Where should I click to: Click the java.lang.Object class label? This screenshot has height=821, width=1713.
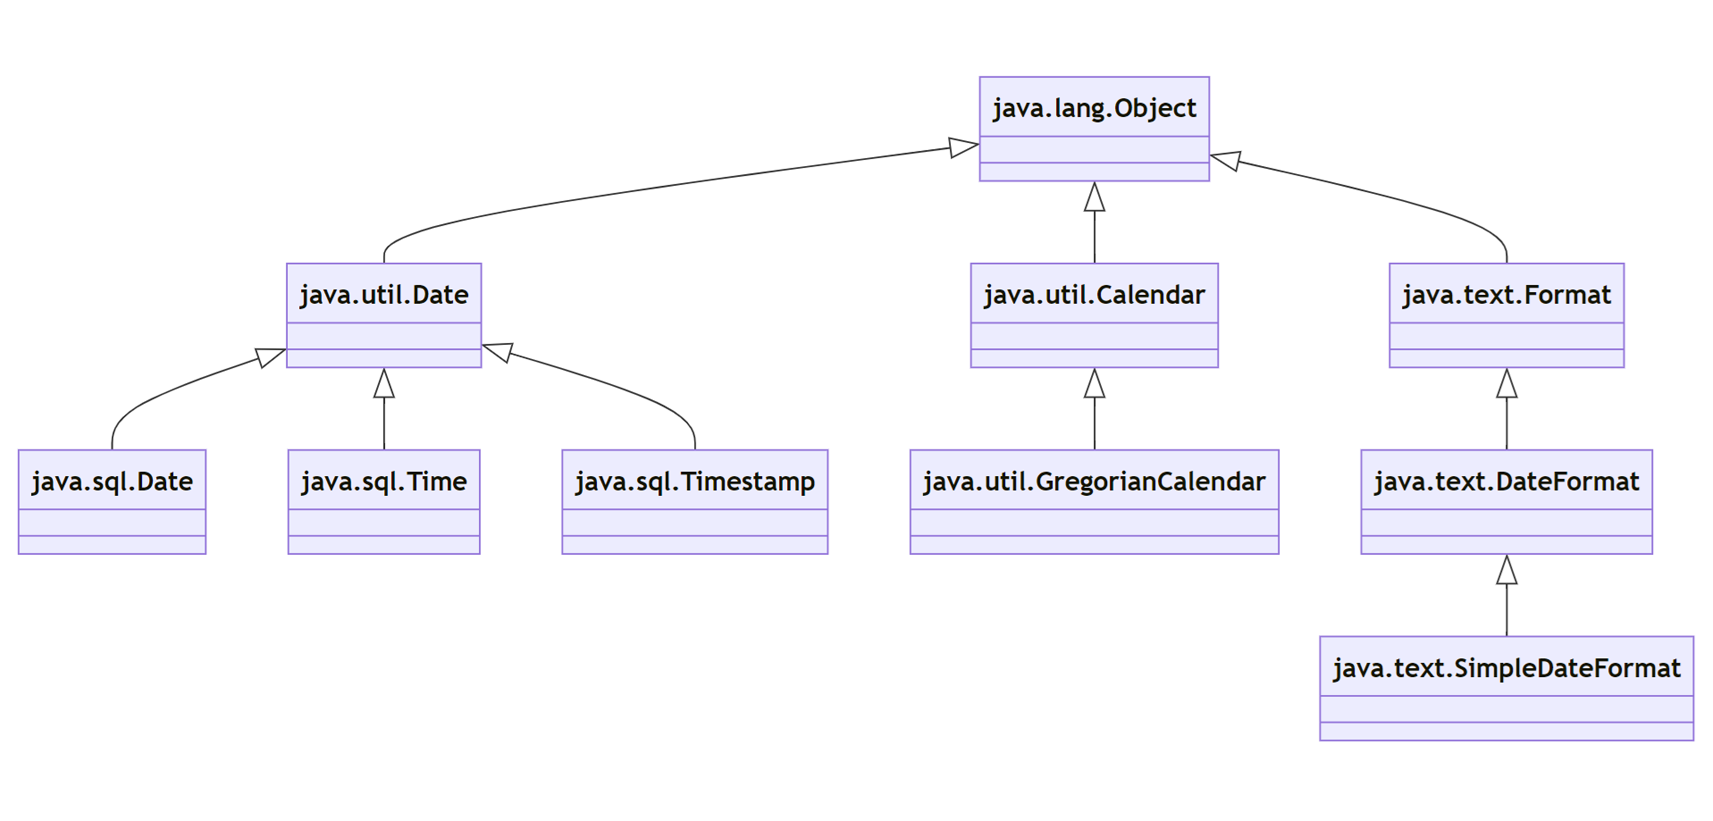[1094, 108]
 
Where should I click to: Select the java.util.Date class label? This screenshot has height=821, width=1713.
[384, 294]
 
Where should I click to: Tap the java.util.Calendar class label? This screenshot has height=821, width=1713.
[1094, 294]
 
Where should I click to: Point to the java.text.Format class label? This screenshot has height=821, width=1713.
[1506, 294]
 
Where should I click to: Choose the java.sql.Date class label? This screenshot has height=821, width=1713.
[112, 481]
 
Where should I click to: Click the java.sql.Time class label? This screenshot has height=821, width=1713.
[384, 481]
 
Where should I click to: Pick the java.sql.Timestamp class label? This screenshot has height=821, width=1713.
[694, 481]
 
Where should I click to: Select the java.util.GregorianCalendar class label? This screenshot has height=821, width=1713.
[1094, 481]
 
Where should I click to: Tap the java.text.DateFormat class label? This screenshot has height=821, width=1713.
[1506, 481]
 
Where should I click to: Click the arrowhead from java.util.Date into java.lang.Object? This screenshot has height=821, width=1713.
[963, 147]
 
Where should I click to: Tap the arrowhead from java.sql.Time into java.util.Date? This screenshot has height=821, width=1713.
[384, 384]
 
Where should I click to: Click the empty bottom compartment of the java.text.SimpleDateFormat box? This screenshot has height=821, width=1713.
[1506, 731]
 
